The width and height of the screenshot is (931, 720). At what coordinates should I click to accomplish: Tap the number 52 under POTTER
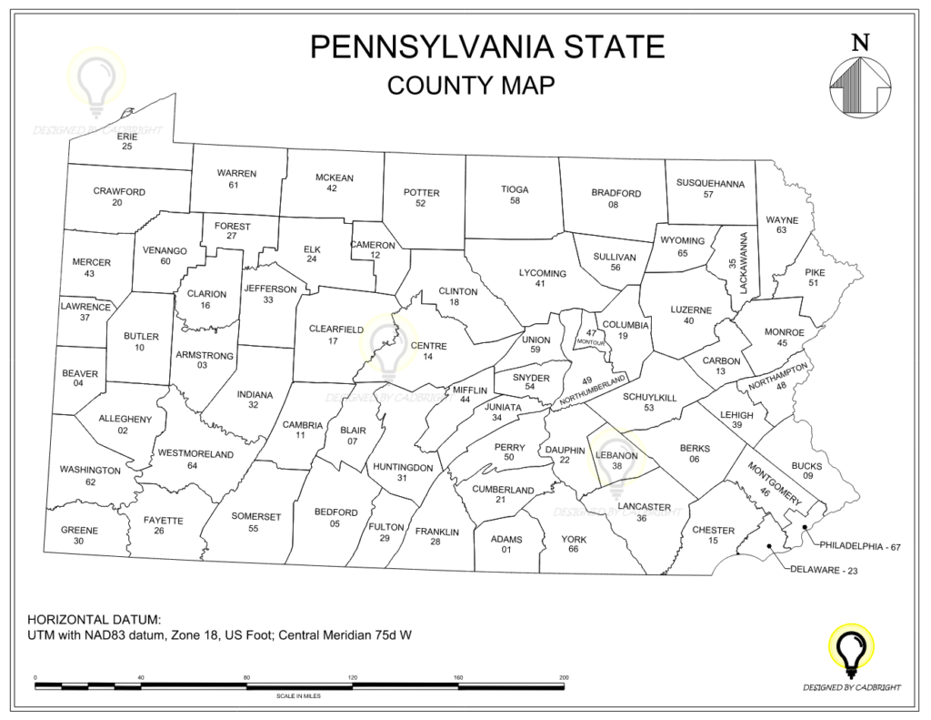point(420,203)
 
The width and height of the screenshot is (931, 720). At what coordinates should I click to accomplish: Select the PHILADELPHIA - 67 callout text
point(859,546)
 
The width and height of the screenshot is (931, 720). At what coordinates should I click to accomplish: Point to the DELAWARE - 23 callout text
point(824,571)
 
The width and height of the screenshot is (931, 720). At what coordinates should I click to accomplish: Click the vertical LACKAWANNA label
point(742,263)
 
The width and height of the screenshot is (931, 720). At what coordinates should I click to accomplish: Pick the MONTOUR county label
point(590,342)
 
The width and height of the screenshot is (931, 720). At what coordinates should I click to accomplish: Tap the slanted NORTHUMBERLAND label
point(595,390)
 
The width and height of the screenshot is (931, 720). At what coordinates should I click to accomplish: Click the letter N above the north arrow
point(860,41)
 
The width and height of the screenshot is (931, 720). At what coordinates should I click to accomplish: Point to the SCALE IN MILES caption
point(299,696)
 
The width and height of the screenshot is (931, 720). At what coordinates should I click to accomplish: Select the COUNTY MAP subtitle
point(470,85)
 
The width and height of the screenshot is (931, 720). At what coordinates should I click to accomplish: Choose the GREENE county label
point(79,530)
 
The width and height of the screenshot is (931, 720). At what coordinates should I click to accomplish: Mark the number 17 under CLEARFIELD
point(333,340)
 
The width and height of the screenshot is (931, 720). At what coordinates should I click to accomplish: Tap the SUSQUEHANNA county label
point(710,184)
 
